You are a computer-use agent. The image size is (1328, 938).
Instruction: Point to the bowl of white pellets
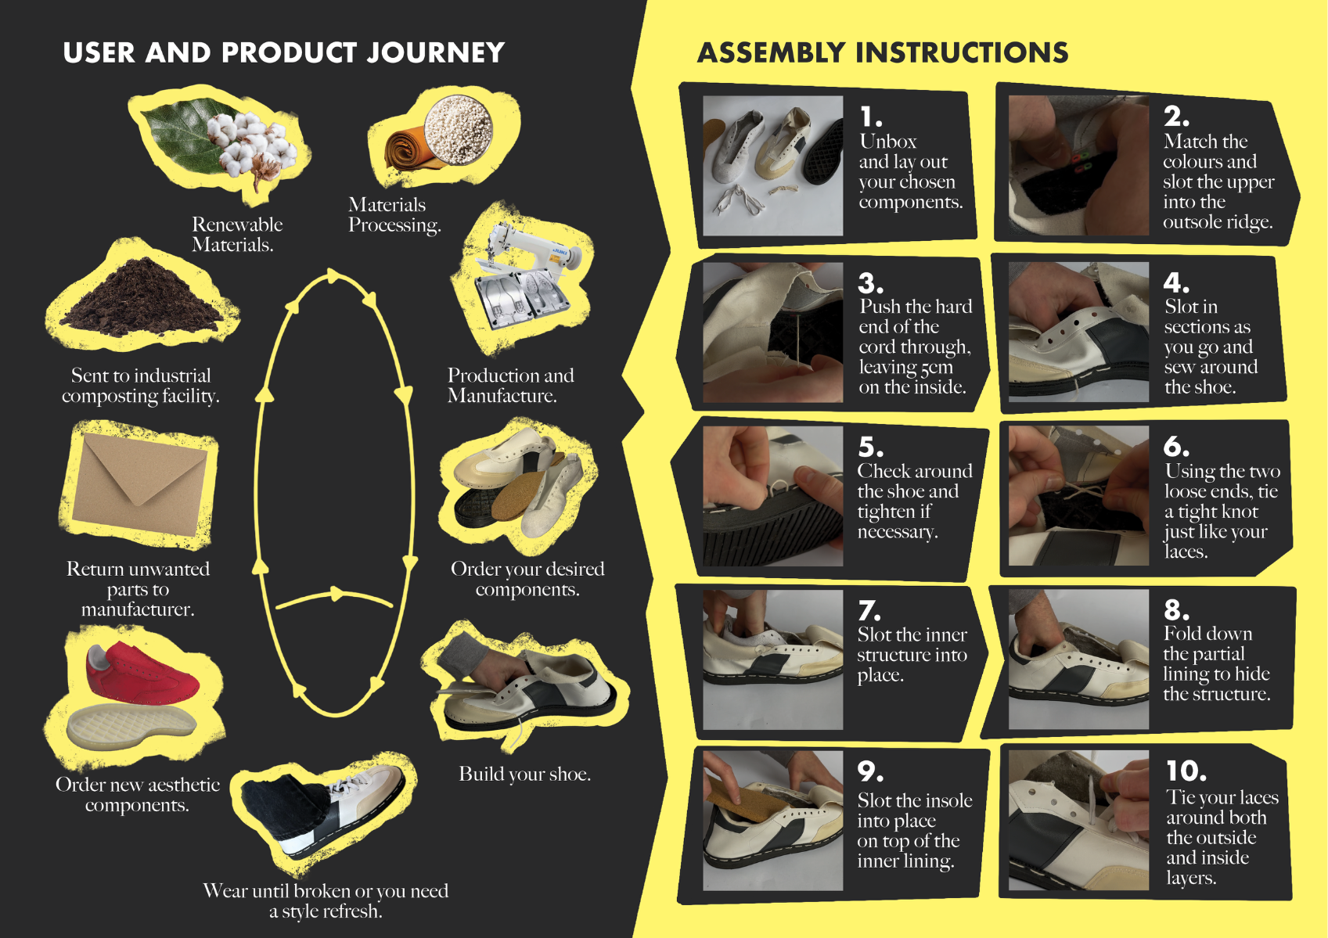(x=458, y=131)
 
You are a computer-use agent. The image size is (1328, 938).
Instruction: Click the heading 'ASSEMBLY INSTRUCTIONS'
(x=883, y=52)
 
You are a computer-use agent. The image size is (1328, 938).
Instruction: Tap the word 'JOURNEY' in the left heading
(x=436, y=52)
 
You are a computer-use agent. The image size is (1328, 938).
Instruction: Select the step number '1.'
(x=871, y=117)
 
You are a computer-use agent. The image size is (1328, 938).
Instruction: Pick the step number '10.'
(x=1186, y=771)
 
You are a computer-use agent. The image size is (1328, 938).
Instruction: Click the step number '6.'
(x=1176, y=446)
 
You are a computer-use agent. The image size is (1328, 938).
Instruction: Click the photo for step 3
(x=772, y=332)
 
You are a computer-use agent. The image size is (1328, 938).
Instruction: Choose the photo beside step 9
(x=772, y=821)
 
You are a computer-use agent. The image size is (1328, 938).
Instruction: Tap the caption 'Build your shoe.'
(x=524, y=774)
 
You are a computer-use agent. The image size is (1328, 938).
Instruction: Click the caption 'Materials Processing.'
(x=394, y=214)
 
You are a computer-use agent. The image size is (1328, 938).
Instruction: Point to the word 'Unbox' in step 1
(x=888, y=142)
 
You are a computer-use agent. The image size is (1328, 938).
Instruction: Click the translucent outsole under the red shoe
(x=131, y=727)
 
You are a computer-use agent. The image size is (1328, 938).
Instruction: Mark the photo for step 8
(x=1078, y=659)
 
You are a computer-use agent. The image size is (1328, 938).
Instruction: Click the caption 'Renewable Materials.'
(x=237, y=235)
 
